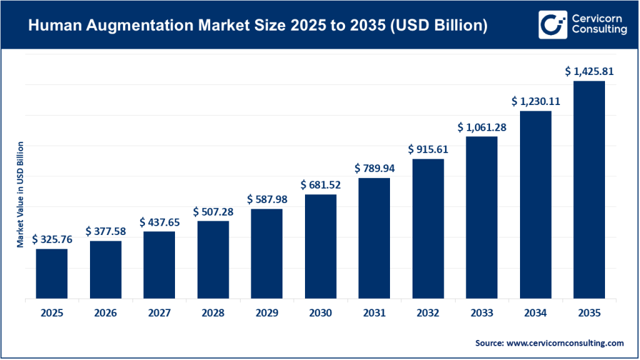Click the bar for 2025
click(51, 273)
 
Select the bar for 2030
click(321, 246)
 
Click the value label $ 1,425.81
click(588, 71)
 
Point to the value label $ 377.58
click(106, 231)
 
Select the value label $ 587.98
click(267, 199)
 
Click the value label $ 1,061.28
click(481, 127)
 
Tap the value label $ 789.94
click(374, 168)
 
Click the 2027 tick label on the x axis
click(159, 312)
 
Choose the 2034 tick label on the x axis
click(535, 312)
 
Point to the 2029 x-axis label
click(267, 312)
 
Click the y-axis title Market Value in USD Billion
click(21, 194)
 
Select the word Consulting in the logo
click(598, 30)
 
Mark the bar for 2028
click(213, 259)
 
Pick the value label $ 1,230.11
click(535, 101)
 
